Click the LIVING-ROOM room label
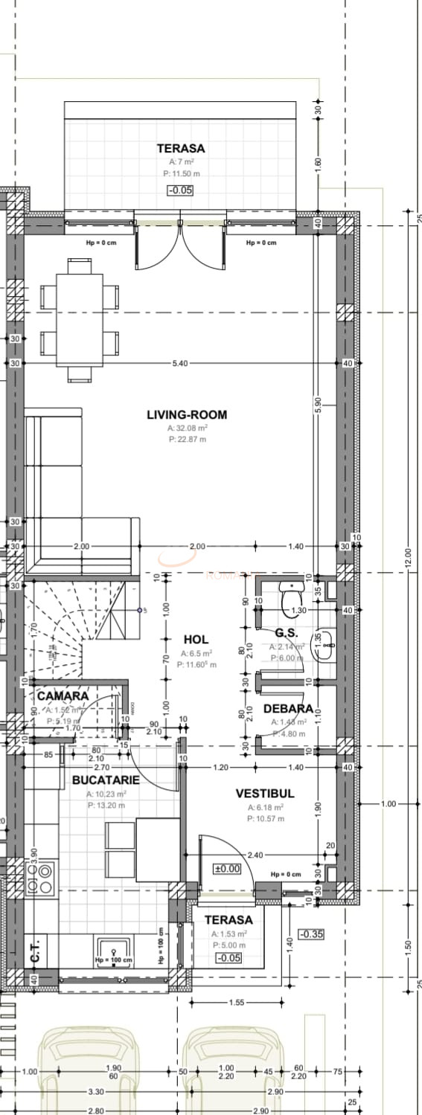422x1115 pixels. (x=187, y=415)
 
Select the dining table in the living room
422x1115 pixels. (x=79, y=320)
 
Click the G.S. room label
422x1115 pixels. (x=286, y=633)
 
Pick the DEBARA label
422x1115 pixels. (x=288, y=709)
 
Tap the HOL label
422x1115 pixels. (x=196, y=640)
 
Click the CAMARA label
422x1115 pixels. (x=63, y=696)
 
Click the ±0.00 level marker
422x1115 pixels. (x=227, y=868)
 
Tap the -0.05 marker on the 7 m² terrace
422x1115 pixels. (x=180, y=190)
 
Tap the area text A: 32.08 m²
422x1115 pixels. (x=188, y=428)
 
